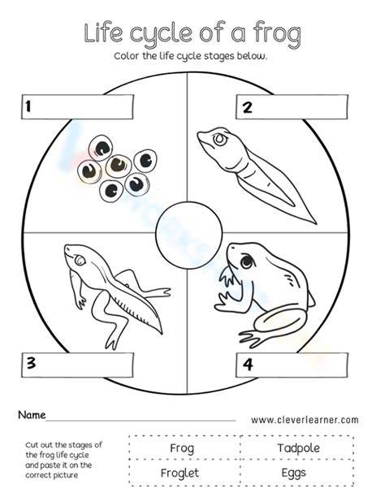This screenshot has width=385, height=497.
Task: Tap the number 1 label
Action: click(28, 106)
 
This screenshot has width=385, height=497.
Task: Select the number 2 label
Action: click(248, 107)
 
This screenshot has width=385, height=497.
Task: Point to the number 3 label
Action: click(31, 363)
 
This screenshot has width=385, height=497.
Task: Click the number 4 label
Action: click(248, 364)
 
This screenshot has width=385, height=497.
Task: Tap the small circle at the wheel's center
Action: click(189, 235)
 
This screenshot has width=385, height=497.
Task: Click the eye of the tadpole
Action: click(219, 140)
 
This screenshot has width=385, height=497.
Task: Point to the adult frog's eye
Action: click(246, 261)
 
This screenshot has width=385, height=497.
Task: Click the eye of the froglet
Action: click(79, 261)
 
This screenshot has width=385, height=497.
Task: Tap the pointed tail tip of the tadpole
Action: click(316, 223)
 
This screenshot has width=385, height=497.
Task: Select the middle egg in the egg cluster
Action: click(119, 166)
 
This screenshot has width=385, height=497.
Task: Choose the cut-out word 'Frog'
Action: click(182, 448)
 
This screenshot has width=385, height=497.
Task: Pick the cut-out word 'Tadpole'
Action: click(298, 448)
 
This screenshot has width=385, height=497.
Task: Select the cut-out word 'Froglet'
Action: click(180, 473)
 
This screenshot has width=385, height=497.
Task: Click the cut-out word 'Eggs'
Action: click(294, 473)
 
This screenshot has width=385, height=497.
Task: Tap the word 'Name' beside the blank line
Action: click(32, 415)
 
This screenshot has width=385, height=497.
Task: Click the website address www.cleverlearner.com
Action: click(305, 420)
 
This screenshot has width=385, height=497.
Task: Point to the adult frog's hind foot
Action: click(253, 339)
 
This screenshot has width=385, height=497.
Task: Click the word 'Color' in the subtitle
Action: click(127, 56)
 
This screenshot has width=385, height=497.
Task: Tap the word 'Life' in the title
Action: click(103, 32)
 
